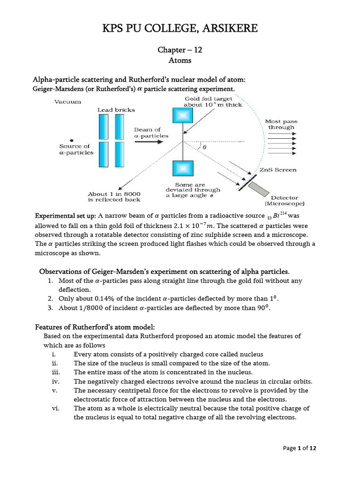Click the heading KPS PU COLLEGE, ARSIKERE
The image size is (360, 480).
coord(180,29)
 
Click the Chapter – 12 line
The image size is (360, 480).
coord(180,51)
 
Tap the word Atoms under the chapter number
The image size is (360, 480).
coord(180,60)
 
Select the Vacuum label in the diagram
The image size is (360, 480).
coord(67,101)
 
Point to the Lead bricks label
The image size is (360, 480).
coord(116,110)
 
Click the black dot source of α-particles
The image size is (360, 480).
coord(71,139)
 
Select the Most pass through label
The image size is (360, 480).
coord(281,124)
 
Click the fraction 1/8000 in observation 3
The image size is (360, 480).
coord(103,308)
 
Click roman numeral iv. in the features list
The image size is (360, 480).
coord(54,381)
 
